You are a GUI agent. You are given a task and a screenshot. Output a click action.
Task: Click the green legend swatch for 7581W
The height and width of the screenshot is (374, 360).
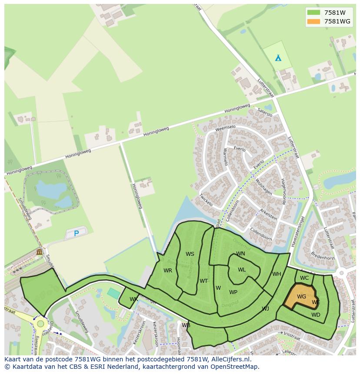(313, 12)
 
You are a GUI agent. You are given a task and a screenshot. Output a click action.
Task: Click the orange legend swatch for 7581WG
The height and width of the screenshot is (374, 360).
(313, 21)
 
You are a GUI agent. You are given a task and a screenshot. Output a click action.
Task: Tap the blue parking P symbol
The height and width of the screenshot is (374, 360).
(77, 233)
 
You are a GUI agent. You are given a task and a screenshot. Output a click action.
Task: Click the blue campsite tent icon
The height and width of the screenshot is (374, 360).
(278, 58)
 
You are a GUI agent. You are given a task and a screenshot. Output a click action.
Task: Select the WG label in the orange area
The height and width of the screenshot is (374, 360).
(301, 297)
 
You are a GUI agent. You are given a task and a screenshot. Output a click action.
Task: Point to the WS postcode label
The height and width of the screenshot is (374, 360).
(190, 254)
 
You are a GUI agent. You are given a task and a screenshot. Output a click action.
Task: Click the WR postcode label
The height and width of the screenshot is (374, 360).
(168, 271)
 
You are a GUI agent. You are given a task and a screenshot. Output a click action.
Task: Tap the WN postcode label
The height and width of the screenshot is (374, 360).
(240, 254)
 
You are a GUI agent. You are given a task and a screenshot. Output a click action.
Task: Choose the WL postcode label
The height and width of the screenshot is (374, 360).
(242, 270)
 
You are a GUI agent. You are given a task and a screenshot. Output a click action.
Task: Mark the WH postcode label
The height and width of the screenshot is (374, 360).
(277, 274)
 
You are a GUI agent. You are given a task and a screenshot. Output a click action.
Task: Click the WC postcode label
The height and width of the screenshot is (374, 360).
(304, 278)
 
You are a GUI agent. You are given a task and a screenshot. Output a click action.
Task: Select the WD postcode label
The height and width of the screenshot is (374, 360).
(316, 315)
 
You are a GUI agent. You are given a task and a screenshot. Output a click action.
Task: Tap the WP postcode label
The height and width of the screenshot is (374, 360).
(233, 292)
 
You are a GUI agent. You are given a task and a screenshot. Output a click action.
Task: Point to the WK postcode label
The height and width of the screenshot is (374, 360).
(133, 299)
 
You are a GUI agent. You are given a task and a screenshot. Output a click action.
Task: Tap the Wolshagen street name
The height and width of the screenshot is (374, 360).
(263, 187)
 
